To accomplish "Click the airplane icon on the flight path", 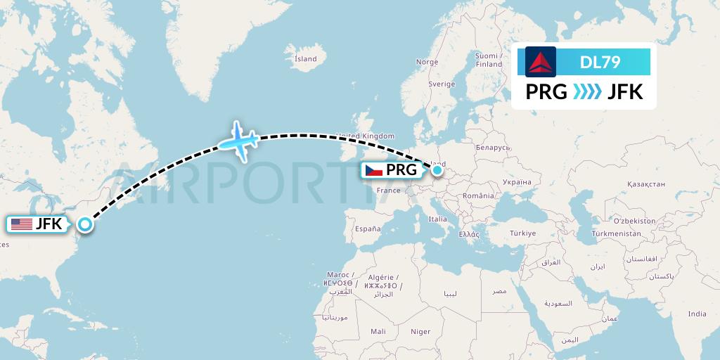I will click(x=238, y=141).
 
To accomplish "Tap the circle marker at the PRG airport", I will click(x=437, y=169).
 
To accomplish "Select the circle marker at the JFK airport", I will click(x=85, y=224).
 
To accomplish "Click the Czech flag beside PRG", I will click(x=373, y=169).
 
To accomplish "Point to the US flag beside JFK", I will click(x=22, y=224).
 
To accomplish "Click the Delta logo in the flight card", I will click(x=541, y=62).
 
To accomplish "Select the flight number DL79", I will click(x=600, y=62).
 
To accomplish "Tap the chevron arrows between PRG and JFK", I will click(x=587, y=91).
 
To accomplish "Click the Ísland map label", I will click(x=305, y=59).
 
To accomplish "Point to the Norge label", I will click(x=427, y=62).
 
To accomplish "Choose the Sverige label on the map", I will click(x=442, y=84).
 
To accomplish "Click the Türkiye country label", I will click(x=522, y=233).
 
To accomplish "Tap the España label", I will click(x=367, y=229).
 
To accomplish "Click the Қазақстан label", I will click(x=645, y=184).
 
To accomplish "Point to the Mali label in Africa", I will click(x=378, y=331).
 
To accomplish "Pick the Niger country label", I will click(x=420, y=331).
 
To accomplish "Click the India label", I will click(x=697, y=314).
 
